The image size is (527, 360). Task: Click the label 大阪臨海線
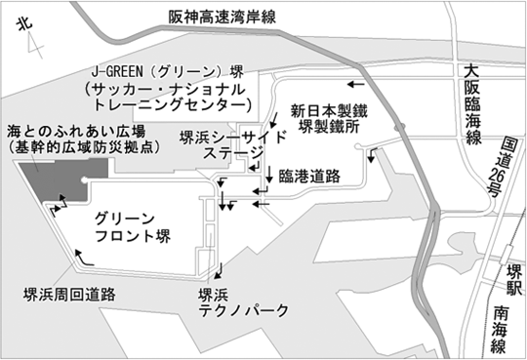click(x=472, y=101)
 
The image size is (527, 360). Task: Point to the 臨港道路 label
click(x=308, y=176)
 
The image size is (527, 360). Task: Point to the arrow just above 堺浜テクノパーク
click(x=225, y=270)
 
